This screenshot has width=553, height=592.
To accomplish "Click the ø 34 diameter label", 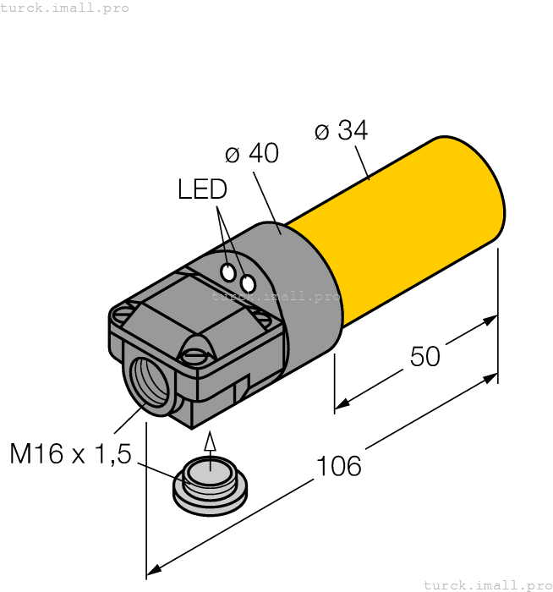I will point(341,131).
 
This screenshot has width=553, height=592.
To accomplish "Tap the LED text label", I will point(202,189).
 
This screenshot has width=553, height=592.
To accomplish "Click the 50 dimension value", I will point(424,357).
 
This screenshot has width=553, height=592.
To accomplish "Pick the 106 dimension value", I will point(338,466).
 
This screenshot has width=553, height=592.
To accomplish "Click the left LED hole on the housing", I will point(228,272).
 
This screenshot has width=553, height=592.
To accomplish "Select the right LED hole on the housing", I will point(248,284).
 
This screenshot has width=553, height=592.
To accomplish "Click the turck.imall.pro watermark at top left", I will point(65,8).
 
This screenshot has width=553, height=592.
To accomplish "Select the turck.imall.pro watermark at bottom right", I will point(486,584).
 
